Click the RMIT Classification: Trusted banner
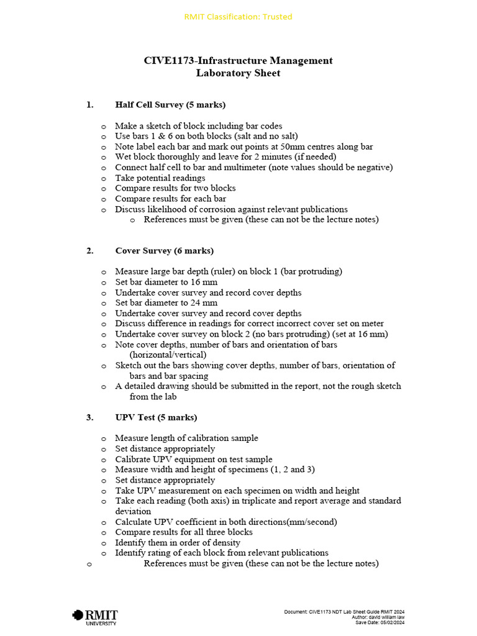click(x=238, y=17)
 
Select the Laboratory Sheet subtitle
click(x=238, y=73)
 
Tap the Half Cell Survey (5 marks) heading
click(x=170, y=104)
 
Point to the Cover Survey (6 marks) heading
click(x=164, y=250)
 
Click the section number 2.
click(x=90, y=250)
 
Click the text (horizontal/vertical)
click(x=168, y=355)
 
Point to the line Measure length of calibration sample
click(x=186, y=438)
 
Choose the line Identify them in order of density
click(x=178, y=542)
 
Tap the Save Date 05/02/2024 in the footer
click(x=379, y=622)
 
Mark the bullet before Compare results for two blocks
click(x=104, y=188)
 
